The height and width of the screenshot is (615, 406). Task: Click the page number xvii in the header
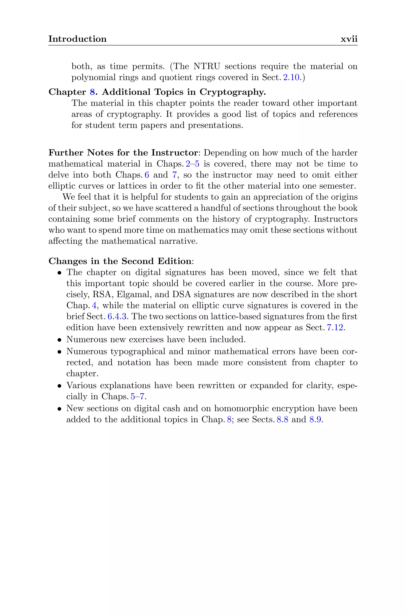(x=349, y=39)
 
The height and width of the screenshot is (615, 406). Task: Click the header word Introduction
(x=78, y=39)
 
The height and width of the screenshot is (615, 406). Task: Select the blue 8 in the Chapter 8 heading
(x=92, y=92)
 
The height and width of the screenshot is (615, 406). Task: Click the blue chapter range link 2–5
(x=193, y=164)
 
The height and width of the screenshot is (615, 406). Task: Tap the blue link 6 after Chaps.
(x=147, y=175)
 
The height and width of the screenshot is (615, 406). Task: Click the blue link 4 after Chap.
(x=94, y=305)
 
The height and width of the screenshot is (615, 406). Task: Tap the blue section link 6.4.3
(x=117, y=317)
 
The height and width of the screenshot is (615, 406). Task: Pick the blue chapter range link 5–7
(x=137, y=397)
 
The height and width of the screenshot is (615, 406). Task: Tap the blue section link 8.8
(x=282, y=420)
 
